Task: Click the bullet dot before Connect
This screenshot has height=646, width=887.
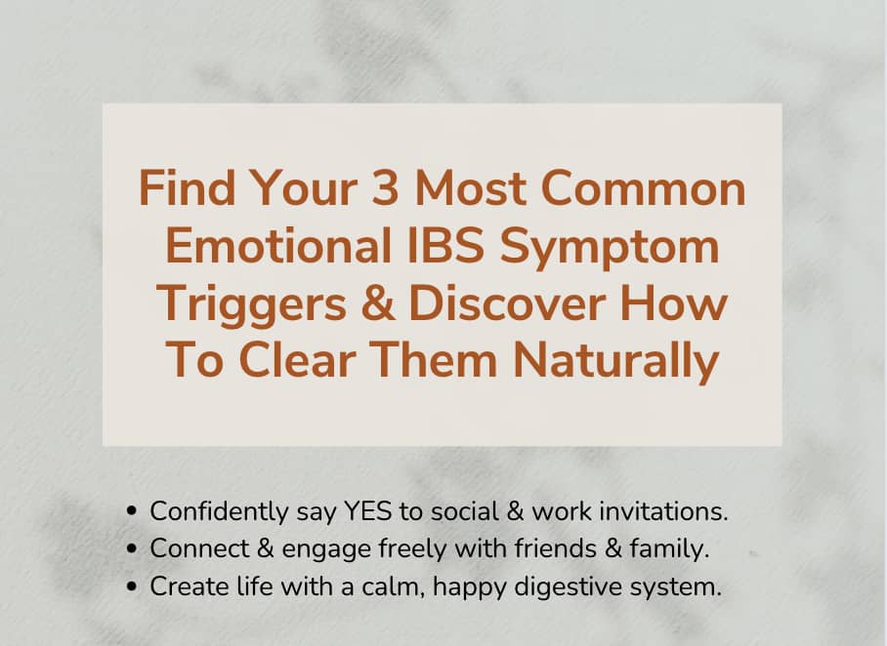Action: (134, 549)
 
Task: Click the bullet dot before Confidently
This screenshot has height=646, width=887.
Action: (134, 511)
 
